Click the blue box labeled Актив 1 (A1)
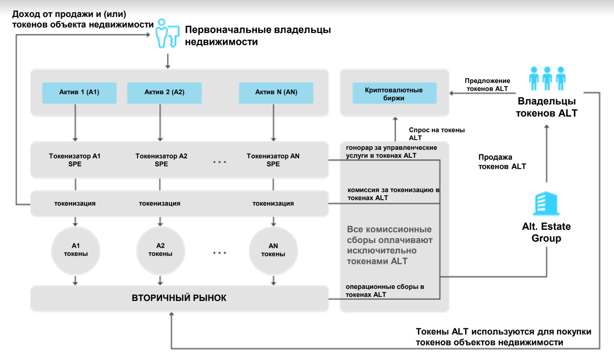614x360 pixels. pos(79,92)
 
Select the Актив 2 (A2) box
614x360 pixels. pos(164,92)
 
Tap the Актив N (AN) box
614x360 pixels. pos(276,92)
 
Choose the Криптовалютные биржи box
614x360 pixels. pos(394,93)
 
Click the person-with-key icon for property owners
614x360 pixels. pos(167,34)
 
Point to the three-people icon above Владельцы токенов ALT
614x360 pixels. pos(547,78)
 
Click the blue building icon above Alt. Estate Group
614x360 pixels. pos(546,203)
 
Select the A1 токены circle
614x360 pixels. pos(76,250)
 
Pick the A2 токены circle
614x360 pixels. pos(160,250)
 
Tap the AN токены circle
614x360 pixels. pos(273,250)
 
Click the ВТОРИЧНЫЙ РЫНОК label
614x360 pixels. pos(179,298)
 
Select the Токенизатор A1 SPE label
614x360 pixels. pos(75,160)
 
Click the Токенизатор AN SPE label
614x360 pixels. pos(273,160)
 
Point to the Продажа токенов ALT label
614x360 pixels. pos(502,162)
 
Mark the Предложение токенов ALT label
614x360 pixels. pos(487,85)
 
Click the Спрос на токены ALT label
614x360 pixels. pos(436,134)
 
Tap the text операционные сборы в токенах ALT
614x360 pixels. pos(385,290)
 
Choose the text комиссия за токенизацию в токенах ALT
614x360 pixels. pos(393,194)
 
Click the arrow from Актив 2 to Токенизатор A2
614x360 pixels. pos(160,122)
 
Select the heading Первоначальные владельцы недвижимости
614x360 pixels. pos(258,36)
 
